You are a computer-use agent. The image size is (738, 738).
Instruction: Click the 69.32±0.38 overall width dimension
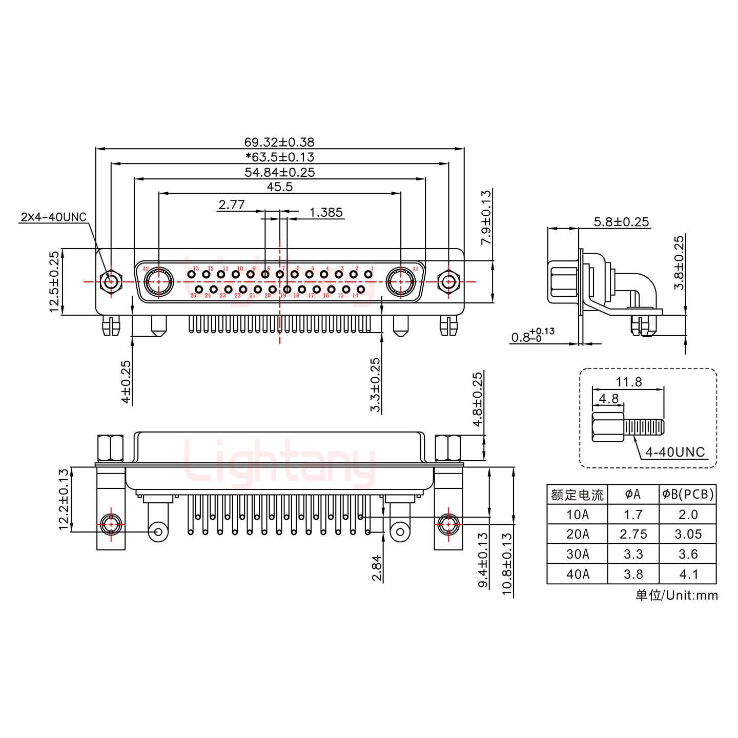(x=279, y=142)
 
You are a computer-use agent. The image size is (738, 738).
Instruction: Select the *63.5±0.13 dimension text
(x=280, y=157)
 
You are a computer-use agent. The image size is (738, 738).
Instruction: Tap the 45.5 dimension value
(x=279, y=187)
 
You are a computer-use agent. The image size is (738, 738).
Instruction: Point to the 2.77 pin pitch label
(x=231, y=205)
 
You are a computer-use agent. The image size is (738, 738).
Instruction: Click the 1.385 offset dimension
(x=326, y=212)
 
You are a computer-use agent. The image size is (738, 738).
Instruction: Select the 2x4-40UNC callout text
(x=54, y=217)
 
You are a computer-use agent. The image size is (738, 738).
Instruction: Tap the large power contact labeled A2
(x=158, y=281)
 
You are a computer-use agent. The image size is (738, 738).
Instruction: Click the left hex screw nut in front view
(x=110, y=281)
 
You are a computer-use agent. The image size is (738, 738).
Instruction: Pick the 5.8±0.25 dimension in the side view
(x=621, y=222)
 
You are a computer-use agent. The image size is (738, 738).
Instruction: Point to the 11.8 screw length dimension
(x=628, y=382)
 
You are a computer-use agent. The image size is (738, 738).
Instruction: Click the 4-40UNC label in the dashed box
(x=675, y=452)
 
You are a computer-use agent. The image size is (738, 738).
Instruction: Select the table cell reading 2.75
(x=633, y=535)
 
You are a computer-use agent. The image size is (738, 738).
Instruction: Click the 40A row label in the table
(x=577, y=575)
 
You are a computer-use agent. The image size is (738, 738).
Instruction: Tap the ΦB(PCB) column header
(x=688, y=494)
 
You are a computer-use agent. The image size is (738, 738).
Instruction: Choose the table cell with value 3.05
(x=688, y=535)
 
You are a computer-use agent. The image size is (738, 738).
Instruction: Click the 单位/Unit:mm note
(x=676, y=595)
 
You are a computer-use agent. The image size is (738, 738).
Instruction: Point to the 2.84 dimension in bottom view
(x=377, y=568)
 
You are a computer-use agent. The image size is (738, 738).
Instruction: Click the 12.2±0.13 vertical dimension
(x=64, y=499)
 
